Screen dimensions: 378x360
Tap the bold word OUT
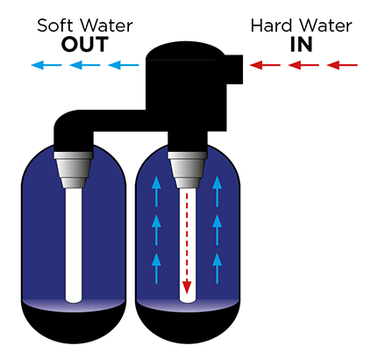coord(85,45)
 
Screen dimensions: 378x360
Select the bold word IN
coord(302,45)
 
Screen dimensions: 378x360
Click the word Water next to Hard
coord(322,25)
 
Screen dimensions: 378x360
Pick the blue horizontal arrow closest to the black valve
coord(124,65)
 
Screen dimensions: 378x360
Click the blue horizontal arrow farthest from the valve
coord(46,65)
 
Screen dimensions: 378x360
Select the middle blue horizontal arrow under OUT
coord(85,65)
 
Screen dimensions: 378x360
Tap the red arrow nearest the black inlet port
coord(265,65)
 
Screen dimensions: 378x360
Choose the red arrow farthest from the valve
coord(342,65)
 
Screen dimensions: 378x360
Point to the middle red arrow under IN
coord(303,65)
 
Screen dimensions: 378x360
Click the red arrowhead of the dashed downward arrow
coord(187,287)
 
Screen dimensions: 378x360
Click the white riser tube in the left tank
coord(74,245)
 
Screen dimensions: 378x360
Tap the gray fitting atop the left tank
coord(74,169)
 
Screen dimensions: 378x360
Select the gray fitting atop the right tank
coord(188,169)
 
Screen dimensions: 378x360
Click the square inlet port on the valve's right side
coord(234,69)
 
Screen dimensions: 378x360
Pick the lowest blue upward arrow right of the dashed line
coord(217,269)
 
